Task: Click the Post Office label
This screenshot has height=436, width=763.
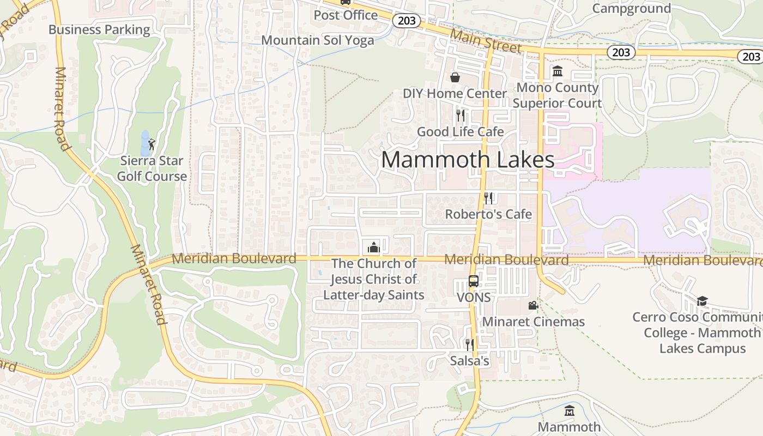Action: tap(346, 15)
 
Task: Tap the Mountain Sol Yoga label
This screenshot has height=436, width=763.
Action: tap(318, 40)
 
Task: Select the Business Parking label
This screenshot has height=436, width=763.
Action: tap(99, 29)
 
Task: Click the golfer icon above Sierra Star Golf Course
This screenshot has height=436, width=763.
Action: tap(152, 144)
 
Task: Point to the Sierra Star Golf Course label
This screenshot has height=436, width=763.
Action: tap(152, 168)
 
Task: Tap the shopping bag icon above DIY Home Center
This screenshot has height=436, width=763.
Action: tap(455, 77)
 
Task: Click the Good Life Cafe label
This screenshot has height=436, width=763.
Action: tap(461, 131)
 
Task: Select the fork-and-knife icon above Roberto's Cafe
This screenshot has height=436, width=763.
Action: tap(488, 198)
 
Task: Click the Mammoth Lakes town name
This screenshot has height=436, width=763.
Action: tap(468, 160)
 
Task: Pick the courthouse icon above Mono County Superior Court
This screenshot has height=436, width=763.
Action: tap(558, 71)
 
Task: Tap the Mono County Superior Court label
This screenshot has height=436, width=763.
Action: tap(558, 95)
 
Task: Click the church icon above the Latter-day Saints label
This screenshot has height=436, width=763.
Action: tap(373, 247)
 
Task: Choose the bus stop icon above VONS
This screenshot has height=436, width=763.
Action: tap(474, 281)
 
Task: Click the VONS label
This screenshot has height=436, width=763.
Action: tap(474, 298)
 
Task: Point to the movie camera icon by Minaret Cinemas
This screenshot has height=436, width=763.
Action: tap(533, 306)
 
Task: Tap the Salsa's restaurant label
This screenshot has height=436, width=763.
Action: tap(470, 361)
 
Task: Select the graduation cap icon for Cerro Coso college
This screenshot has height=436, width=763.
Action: tap(702, 301)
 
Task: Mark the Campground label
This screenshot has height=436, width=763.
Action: tap(631, 8)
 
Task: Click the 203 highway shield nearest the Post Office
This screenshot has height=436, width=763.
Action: tap(407, 21)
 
